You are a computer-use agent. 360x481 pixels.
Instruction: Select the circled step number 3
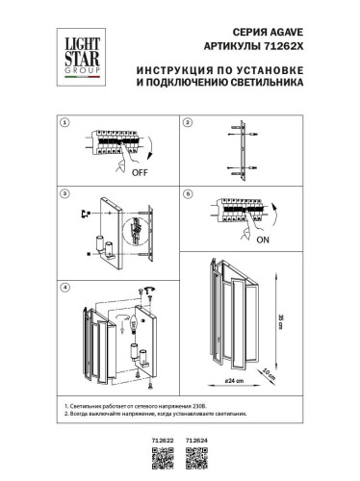click(x=63, y=192)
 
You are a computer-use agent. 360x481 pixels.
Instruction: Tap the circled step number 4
click(x=63, y=287)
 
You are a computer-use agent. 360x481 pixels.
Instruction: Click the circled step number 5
click(x=189, y=192)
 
